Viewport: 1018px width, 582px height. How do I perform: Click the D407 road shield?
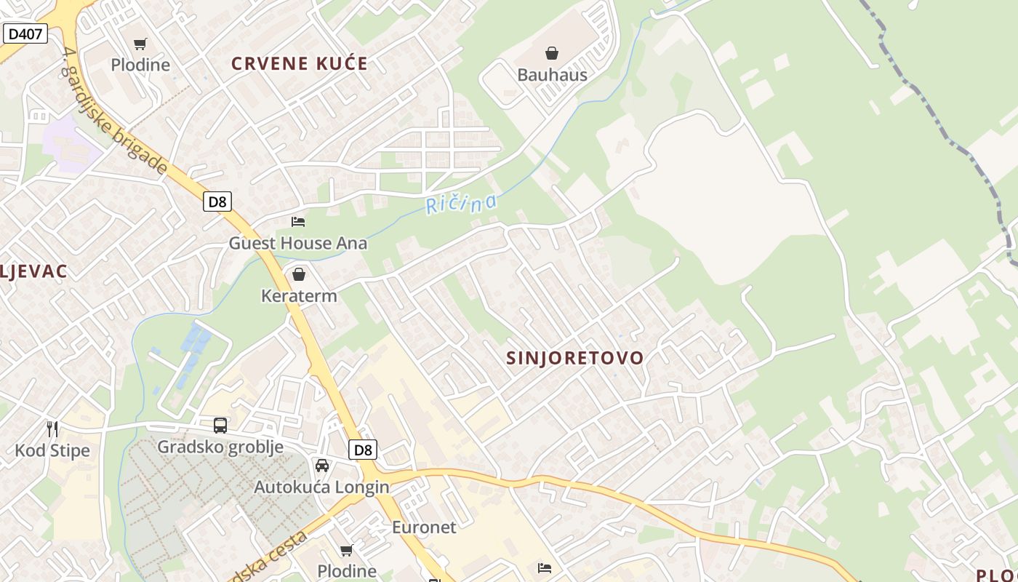pos(25,33)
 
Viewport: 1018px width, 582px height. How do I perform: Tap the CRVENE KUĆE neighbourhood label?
pos(300,63)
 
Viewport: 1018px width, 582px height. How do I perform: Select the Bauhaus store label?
pos(552,74)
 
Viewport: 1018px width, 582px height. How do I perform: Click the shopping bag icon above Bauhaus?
pos(552,53)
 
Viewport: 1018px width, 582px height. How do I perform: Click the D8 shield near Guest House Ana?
pos(217,202)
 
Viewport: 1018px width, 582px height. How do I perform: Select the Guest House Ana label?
pos(298,243)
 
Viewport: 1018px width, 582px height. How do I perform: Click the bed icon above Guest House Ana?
pos(298,221)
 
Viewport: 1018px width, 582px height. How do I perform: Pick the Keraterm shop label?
pos(299,296)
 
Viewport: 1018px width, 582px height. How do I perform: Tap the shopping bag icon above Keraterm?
pos(298,274)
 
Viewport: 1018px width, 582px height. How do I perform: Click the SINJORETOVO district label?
pos(574,358)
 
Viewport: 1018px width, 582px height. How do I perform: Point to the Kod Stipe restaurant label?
pos(52,450)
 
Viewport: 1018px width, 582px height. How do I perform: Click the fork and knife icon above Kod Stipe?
pos(52,428)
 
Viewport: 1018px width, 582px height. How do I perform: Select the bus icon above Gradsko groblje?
pos(220,426)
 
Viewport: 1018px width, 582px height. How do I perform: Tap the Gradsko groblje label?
pos(220,447)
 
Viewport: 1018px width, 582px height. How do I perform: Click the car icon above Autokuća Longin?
pos(321,466)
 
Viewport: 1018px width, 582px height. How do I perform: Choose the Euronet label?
pos(424,527)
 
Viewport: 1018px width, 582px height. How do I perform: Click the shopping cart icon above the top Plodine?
pos(140,44)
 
